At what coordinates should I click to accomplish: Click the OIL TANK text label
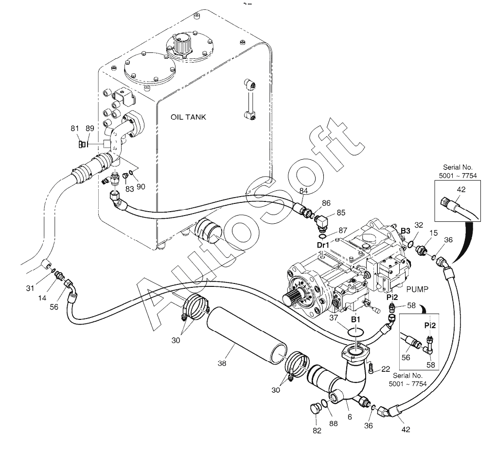coord(189,117)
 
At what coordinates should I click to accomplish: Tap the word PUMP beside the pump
coord(417,289)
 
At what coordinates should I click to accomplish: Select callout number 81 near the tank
coord(75,128)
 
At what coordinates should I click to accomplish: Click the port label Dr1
coord(323,245)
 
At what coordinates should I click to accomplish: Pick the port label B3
coord(406,231)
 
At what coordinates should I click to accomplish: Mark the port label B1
coord(356,320)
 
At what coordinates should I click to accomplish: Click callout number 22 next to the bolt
coord(386,369)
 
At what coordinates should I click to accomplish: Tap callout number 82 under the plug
coord(317,430)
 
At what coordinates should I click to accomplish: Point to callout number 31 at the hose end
coord(30,288)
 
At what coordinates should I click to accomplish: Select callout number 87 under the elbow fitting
coord(343,230)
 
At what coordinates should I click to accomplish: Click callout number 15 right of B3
coord(433,233)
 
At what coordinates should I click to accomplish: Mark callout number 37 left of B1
coord(333,317)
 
